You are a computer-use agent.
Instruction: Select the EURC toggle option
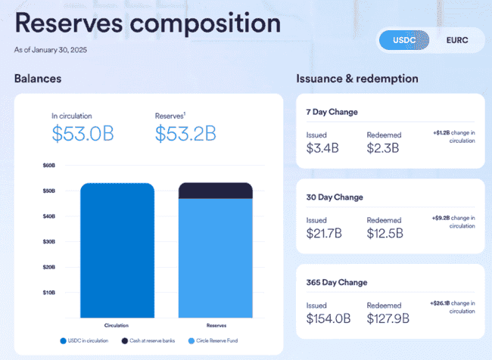456,40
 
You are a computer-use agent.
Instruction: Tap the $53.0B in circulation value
83,134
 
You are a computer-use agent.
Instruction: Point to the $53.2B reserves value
185,134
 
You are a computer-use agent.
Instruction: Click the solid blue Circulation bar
117,250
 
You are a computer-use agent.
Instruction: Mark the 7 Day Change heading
332,112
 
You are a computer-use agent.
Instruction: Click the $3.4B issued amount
322,147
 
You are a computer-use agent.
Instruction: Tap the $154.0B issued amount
329,318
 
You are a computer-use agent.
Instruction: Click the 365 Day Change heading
337,282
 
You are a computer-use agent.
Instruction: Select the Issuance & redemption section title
357,79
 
